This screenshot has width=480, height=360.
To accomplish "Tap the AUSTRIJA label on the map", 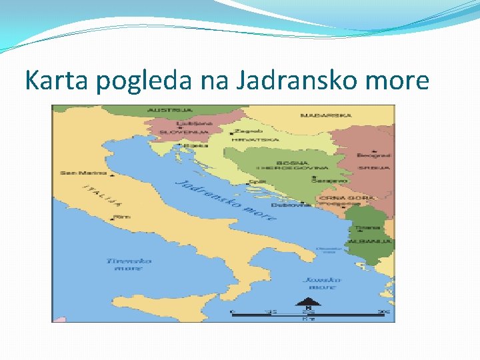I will (x=170, y=110).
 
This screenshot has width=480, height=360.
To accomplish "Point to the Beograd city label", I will (x=373, y=155).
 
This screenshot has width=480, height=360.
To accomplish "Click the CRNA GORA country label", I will (x=356, y=197).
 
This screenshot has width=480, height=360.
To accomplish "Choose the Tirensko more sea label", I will (x=129, y=264).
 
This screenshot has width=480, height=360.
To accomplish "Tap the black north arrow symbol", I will (x=308, y=301).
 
